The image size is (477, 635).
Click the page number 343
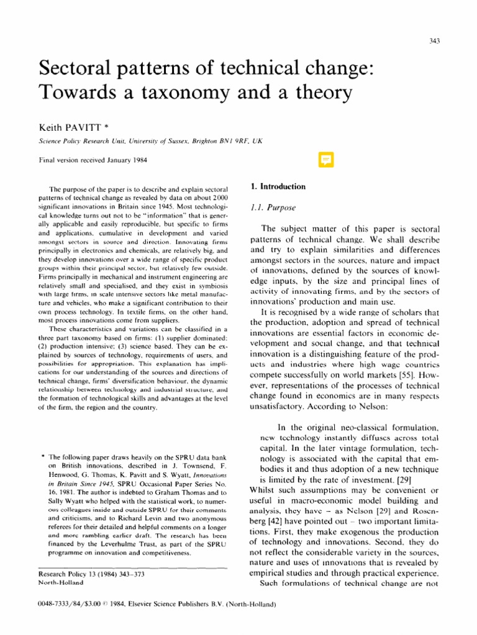coord(435,41)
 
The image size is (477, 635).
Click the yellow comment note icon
coord(325,161)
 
